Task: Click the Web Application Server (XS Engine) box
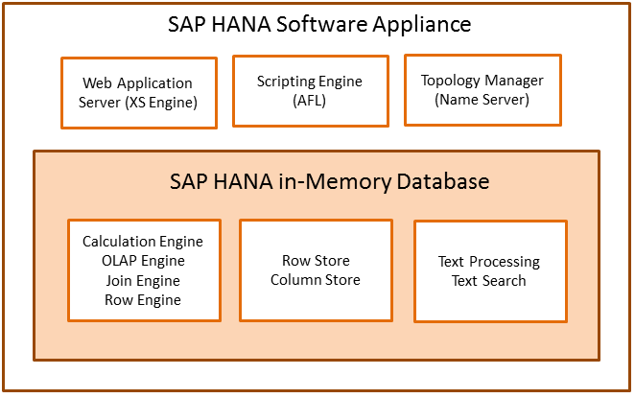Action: click(x=138, y=92)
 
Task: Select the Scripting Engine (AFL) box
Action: click(x=310, y=90)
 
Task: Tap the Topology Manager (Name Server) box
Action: click(x=482, y=89)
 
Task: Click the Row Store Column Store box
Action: click(x=316, y=270)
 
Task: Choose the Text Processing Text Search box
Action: click(x=489, y=271)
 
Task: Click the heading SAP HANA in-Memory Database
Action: click(x=316, y=180)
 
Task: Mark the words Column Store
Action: click(x=316, y=280)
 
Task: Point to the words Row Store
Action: click(x=316, y=261)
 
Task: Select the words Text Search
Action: click(x=489, y=281)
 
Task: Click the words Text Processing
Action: click(x=489, y=262)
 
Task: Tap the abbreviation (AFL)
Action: click(x=310, y=101)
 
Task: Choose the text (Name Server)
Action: click(x=482, y=99)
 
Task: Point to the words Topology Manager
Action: click(x=482, y=80)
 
